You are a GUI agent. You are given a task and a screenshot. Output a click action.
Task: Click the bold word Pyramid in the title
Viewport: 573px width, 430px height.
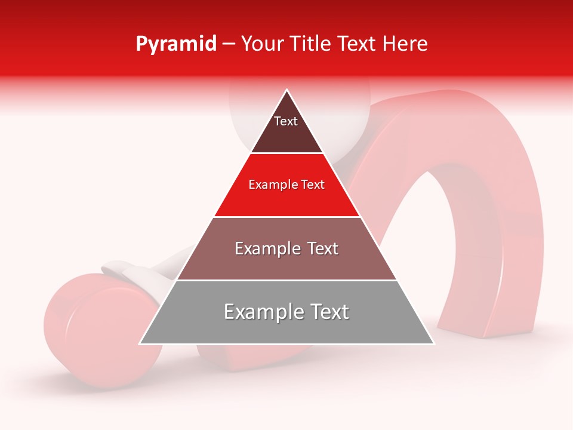(176, 44)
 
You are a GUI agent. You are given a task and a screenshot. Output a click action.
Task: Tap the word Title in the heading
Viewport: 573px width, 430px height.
(310, 44)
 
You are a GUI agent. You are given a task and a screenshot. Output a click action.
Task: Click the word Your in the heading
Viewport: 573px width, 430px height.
(262, 44)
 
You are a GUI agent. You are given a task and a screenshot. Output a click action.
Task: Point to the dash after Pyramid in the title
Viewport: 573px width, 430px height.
(229, 44)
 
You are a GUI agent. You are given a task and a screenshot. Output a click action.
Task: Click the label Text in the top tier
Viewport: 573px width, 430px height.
(286, 121)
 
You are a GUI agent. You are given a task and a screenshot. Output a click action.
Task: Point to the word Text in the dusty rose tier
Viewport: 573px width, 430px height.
(321, 248)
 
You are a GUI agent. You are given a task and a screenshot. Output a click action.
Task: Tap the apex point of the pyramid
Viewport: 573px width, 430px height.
(287, 91)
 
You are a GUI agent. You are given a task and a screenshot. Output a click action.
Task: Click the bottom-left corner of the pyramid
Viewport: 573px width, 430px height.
(140, 343)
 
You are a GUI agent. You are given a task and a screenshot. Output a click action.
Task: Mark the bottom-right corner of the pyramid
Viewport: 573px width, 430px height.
(433, 343)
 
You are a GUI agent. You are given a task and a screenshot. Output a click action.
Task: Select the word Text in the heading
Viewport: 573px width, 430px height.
(356, 44)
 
